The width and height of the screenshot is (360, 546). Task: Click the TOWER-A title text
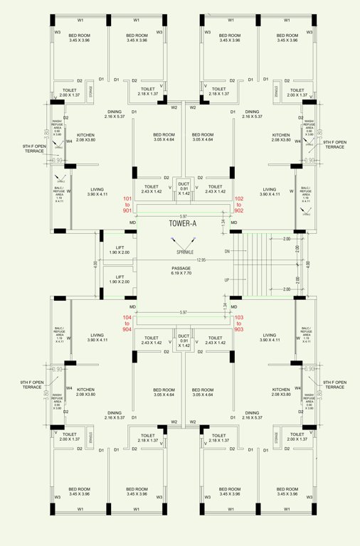(x=184, y=223)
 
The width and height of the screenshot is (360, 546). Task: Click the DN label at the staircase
(x=228, y=251)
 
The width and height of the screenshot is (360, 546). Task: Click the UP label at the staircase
(x=228, y=280)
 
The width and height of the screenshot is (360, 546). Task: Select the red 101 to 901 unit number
(x=127, y=205)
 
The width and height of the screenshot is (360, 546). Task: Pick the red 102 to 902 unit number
(x=239, y=205)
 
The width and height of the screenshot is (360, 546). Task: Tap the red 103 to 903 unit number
(x=239, y=323)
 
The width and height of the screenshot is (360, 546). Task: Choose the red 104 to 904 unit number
(x=127, y=323)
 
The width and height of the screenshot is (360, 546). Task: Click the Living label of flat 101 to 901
(x=97, y=191)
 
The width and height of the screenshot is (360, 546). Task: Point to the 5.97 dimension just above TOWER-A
(x=184, y=216)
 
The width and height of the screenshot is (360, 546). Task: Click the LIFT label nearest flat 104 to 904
(x=120, y=279)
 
